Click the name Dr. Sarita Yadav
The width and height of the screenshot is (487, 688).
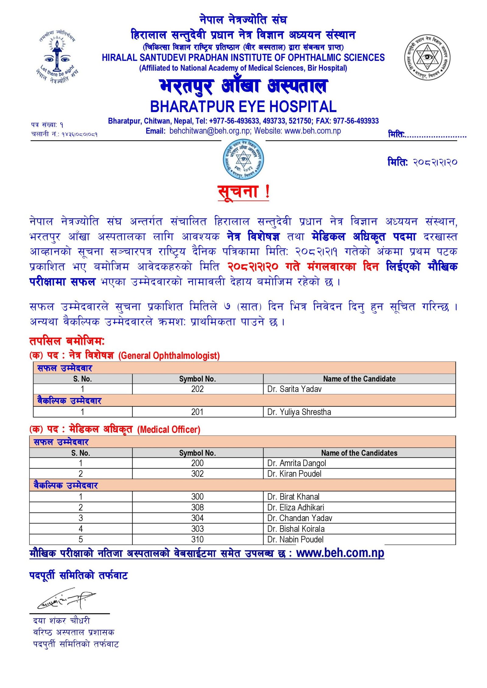(x=294, y=389)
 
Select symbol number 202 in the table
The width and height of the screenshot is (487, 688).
(x=197, y=389)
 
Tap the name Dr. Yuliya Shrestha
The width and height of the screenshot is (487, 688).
(x=299, y=412)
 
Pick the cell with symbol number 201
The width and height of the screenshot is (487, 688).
(x=197, y=412)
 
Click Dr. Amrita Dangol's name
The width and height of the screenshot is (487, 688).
(x=296, y=463)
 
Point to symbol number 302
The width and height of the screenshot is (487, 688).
(x=197, y=474)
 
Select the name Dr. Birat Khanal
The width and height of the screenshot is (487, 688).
(x=293, y=496)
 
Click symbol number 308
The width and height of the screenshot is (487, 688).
(x=197, y=507)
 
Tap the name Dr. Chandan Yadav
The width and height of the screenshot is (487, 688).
(x=300, y=518)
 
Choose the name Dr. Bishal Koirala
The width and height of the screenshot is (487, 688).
(x=296, y=529)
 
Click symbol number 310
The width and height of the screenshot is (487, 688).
(x=197, y=539)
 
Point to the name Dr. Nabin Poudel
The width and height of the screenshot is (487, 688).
(x=295, y=539)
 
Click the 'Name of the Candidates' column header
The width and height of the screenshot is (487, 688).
(x=359, y=453)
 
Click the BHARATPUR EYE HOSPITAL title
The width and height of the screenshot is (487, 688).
(x=243, y=106)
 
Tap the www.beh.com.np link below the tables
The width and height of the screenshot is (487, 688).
(x=340, y=553)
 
